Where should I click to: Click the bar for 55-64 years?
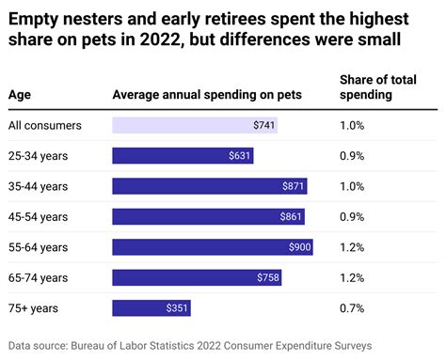click(x=212, y=247)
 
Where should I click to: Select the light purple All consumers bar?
click(x=194, y=125)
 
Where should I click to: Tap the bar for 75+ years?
click(x=151, y=307)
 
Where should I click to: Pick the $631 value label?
click(x=241, y=156)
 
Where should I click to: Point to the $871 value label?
click(x=293, y=186)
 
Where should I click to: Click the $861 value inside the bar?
click(x=292, y=217)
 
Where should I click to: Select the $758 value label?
click(x=267, y=277)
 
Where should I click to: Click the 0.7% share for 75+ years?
click(x=352, y=307)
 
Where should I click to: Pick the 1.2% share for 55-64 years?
click(x=352, y=247)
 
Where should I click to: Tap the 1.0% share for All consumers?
click(x=352, y=125)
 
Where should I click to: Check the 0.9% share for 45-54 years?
click(x=352, y=217)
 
